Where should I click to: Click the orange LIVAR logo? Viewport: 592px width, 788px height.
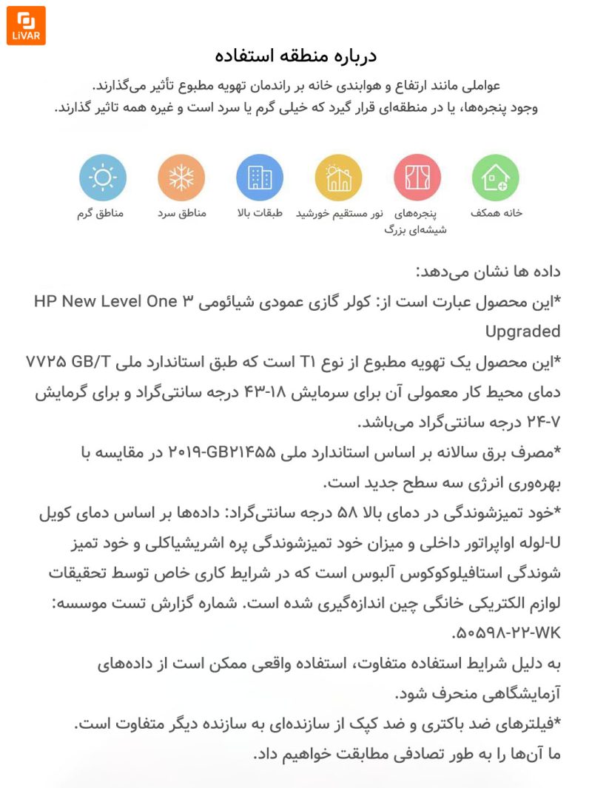pos(26,26)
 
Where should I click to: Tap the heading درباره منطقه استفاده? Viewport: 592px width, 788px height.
pos(296,56)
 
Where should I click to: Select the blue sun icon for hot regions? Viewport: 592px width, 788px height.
pos(103,178)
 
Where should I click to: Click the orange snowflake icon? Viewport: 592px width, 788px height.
pos(181,178)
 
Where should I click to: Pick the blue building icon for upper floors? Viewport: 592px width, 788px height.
pos(260,178)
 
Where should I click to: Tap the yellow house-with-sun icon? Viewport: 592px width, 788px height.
pos(338,178)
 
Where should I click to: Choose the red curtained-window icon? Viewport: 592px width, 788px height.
pos(417,178)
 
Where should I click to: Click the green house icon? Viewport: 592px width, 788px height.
pos(495,178)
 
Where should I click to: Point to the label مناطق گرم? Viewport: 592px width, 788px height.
pos(101,213)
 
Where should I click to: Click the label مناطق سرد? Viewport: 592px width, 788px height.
pos(181,213)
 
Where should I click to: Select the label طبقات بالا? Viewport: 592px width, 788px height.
pos(260,213)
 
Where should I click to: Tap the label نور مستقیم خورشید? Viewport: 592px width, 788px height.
pos(340,213)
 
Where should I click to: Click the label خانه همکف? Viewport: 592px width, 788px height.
pos(497,213)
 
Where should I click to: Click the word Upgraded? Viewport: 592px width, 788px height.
pos(522,331)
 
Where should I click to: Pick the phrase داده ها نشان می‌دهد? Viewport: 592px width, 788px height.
pos(488,271)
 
